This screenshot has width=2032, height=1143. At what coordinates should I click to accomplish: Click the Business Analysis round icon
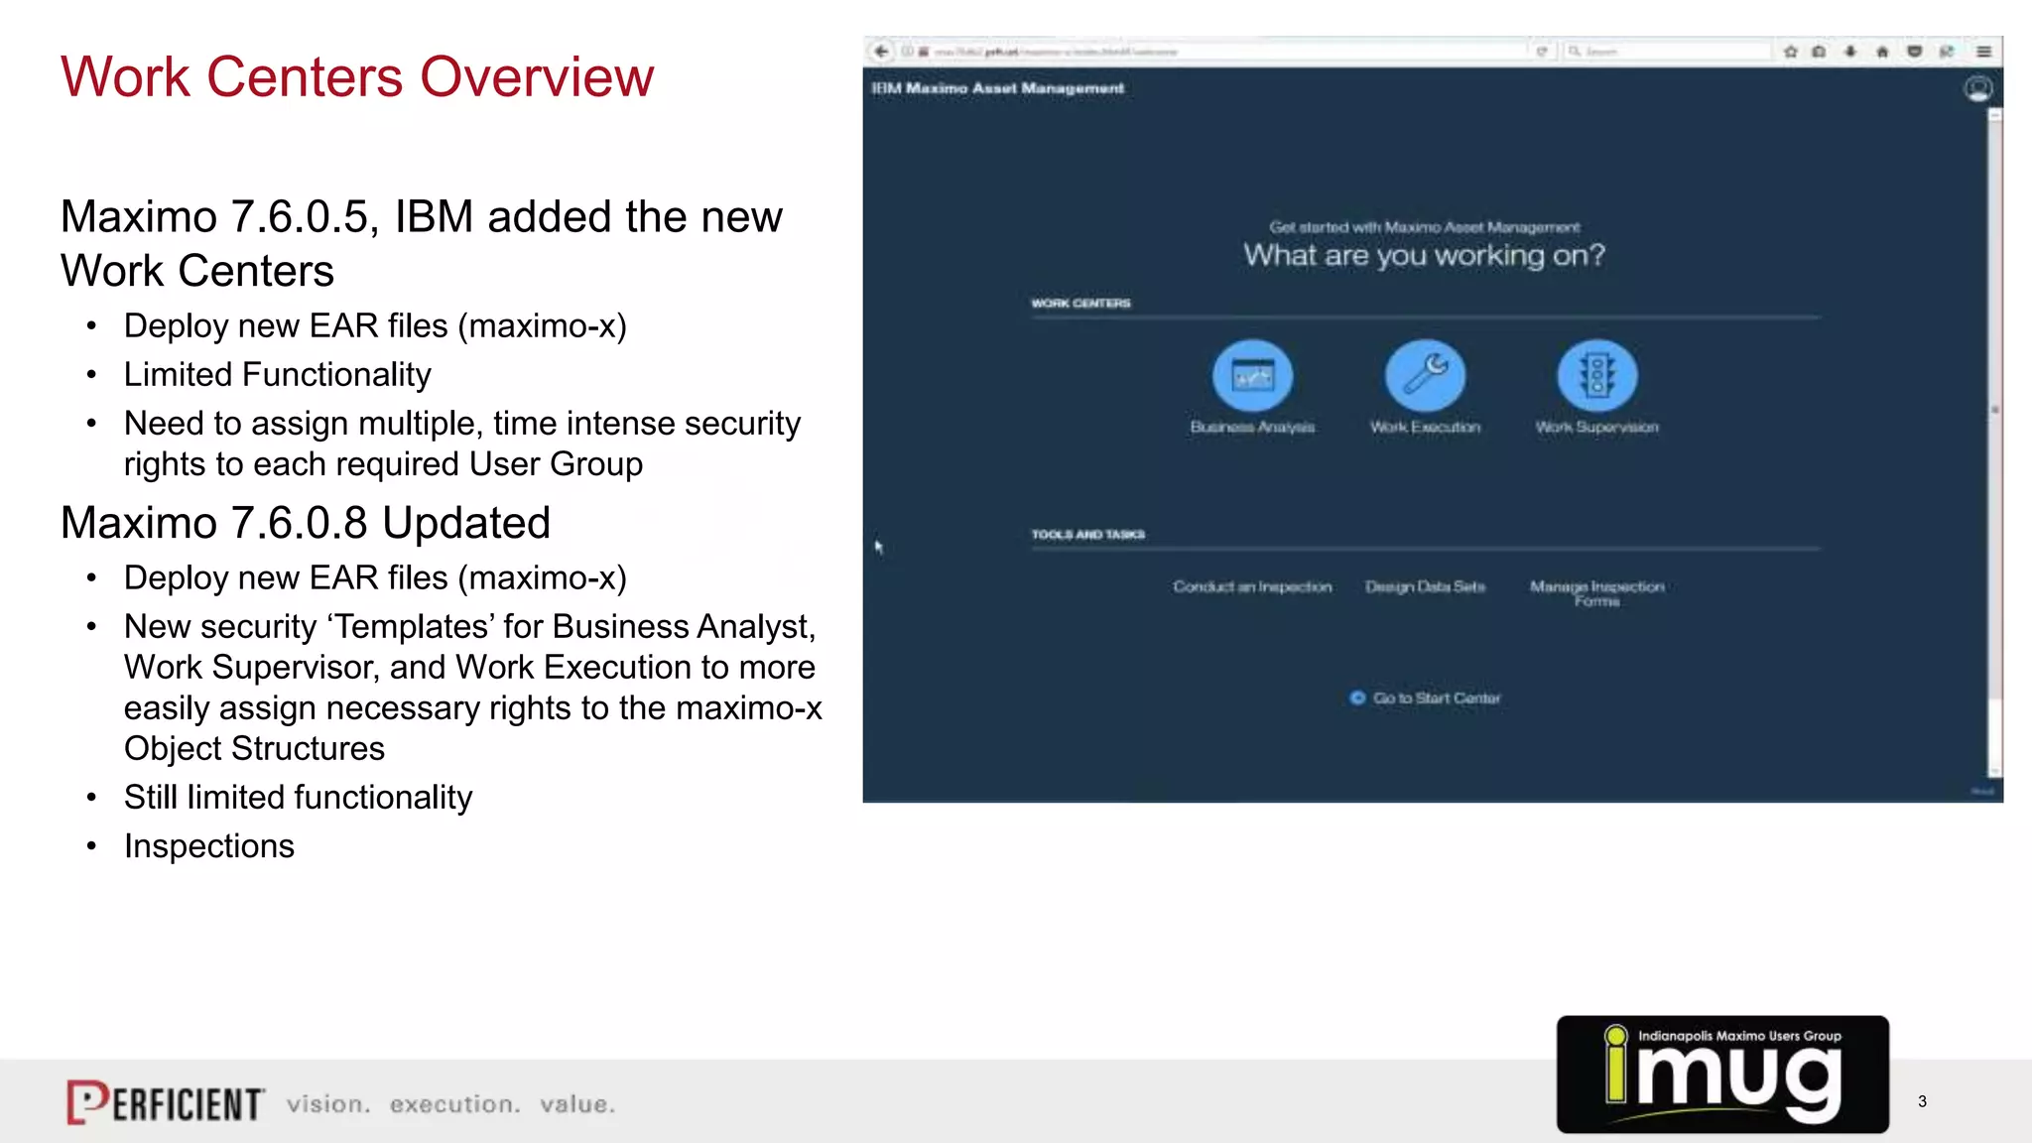(1252, 376)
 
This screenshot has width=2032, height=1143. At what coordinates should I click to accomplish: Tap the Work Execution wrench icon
(1425, 376)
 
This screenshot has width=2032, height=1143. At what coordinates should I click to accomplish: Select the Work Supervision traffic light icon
(1596, 376)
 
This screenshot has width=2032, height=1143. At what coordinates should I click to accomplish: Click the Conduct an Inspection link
(1252, 586)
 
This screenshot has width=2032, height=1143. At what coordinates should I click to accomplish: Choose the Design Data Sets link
(1425, 586)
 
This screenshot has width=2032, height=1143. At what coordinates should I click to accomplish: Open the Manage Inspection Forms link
(1596, 592)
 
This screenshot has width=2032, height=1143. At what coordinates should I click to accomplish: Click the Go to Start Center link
(1436, 698)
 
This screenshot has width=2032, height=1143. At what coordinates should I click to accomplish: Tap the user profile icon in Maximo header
(1977, 89)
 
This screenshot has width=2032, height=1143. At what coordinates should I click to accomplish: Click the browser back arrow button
(881, 52)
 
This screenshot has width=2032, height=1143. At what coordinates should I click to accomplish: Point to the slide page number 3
(1922, 1101)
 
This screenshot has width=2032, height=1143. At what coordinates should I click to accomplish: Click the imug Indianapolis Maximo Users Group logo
(1722, 1074)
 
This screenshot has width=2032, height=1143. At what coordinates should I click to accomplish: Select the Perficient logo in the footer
(166, 1102)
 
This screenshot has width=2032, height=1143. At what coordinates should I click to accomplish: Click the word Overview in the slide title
(537, 77)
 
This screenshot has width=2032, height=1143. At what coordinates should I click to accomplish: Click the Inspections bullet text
(209, 846)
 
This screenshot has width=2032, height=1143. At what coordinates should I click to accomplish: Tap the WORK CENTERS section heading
(1080, 304)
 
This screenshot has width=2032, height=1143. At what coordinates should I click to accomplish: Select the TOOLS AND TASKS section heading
(1087, 535)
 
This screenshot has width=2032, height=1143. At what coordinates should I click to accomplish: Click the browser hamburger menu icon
(1983, 52)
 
